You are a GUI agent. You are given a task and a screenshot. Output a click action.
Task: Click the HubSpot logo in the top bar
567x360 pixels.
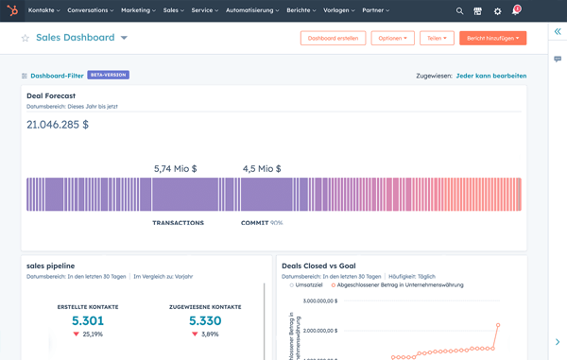[x=12, y=10]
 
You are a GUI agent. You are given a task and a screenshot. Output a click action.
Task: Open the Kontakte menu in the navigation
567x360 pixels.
[x=43, y=10]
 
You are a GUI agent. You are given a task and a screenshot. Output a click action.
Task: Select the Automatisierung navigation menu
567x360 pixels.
[x=251, y=10]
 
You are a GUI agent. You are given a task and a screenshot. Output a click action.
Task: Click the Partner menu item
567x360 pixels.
[x=375, y=10]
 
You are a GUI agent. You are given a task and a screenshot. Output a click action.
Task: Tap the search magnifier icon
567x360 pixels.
[x=460, y=11]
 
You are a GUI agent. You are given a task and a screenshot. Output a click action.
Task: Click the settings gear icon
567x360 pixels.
[x=498, y=11]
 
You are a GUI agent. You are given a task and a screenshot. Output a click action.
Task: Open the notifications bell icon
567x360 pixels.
[x=516, y=10]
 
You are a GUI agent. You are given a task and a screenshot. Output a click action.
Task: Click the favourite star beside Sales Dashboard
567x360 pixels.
[x=26, y=39]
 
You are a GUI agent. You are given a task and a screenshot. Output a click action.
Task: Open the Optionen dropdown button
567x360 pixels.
[x=392, y=39]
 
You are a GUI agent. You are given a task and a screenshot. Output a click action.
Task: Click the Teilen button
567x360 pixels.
[x=437, y=39]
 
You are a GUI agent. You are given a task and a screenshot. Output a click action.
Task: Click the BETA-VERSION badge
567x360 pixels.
[x=108, y=75]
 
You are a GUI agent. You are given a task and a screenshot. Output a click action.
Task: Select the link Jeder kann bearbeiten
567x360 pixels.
[x=490, y=76]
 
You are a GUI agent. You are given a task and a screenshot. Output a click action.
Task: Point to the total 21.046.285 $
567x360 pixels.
[x=58, y=124]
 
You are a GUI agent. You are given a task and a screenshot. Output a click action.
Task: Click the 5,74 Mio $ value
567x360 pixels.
[x=175, y=169]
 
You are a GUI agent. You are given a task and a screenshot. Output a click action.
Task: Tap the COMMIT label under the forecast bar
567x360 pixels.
[x=254, y=223]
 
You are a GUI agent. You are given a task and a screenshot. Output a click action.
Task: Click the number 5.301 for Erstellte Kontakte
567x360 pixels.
[x=88, y=321]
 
